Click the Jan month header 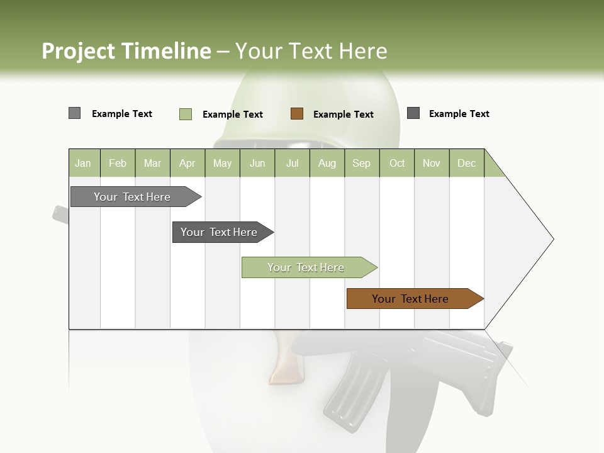(x=83, y=164)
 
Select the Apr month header (x=187, y=164)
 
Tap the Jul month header (x=292, y=164)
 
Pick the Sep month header (x=361, y=164)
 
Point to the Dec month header (x=466, y=164)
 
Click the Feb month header (x=118, y=164)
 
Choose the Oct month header (x=397, y=164)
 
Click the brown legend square (x=297, y=114)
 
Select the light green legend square (x=186, y=114)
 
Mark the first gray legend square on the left (x=74, y=113)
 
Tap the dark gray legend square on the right (x=413, y=113)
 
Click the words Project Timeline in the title (x=126, y=51)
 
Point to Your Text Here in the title (x=311, y=51)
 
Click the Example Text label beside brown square (x=343, y=115)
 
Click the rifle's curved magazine (x=349, y=387)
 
